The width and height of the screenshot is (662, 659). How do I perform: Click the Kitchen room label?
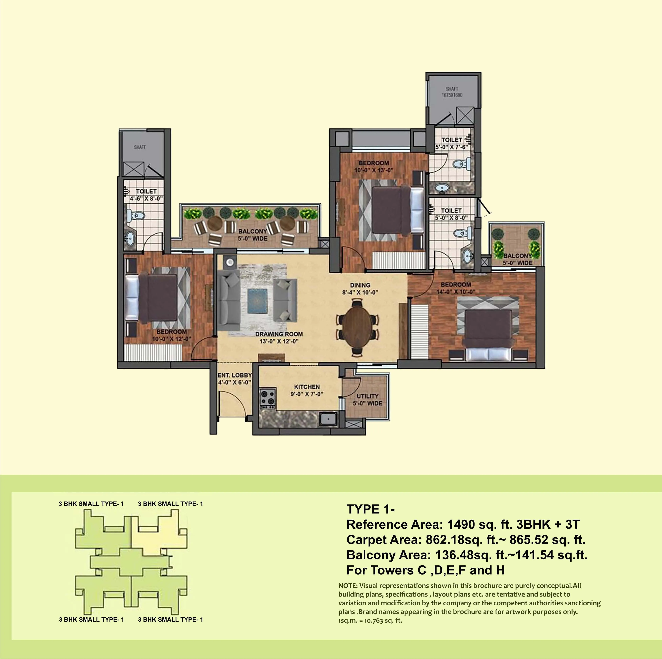[307, 387]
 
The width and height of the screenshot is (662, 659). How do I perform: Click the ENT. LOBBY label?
[235, 375]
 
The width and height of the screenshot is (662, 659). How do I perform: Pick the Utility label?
[368, 396]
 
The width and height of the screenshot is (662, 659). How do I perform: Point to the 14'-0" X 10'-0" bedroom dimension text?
[456, 292]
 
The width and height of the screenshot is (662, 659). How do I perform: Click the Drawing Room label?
[279, 334]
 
